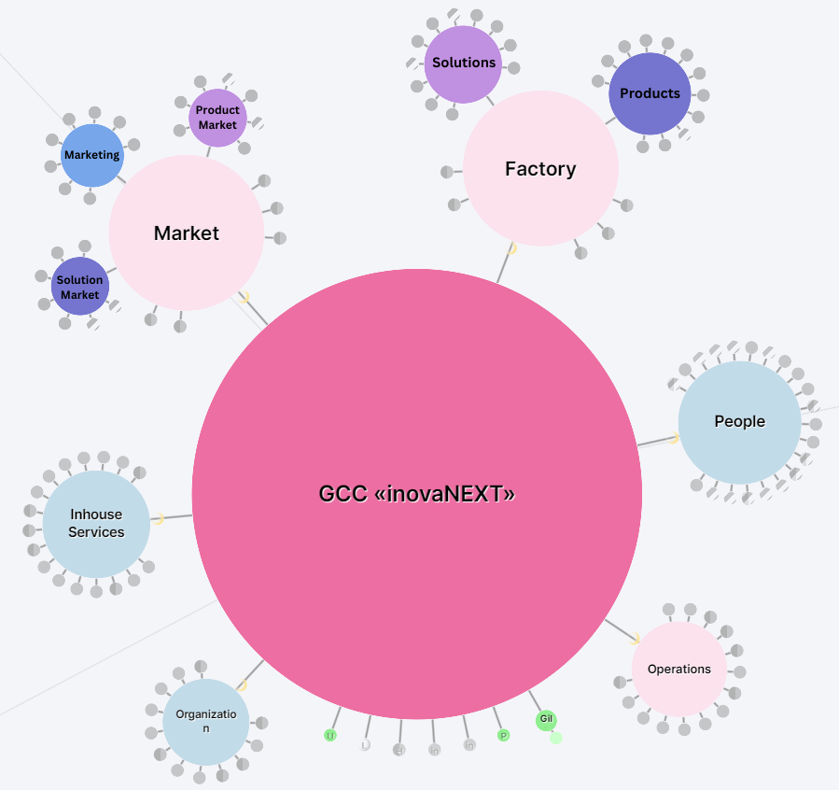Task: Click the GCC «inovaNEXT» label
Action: [416, 494]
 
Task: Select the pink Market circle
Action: [187, 233]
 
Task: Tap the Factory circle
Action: [540, 169]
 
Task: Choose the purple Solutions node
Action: [463, 63]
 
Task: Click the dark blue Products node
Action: [650, 93]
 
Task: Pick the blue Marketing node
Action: [91, 155]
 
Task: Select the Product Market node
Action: [217, 118]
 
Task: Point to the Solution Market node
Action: [80, 287]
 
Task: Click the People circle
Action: [739, 422]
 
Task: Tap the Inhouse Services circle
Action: [96, 524]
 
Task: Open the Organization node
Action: [205, 722]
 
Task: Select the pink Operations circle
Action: [678, 670]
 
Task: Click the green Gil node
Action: [546, 719]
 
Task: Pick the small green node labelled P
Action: [503, 736]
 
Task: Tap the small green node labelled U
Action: [329, 736]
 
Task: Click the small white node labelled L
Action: [365, 745]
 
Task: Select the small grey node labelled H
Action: [399, 750]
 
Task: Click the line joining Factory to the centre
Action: [504, 266]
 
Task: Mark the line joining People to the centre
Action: [655, 441]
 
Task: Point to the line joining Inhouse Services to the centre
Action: [177, 516]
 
